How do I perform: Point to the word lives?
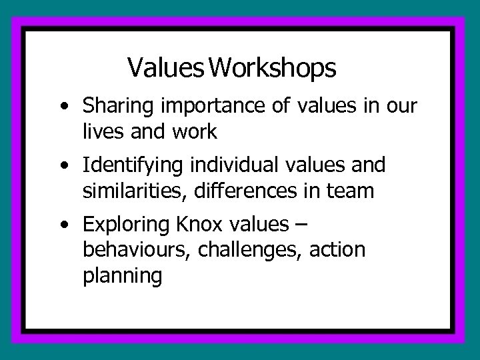[x=101, y=132]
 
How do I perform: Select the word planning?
[x=123, y=275]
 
